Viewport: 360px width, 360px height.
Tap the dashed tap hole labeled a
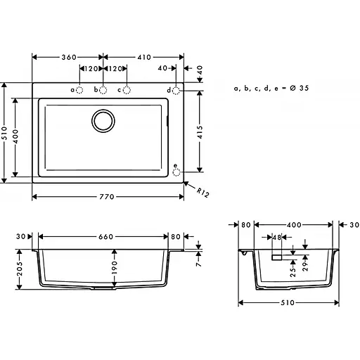tap(80, 90)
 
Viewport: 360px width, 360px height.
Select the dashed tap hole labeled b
tap(103, 90)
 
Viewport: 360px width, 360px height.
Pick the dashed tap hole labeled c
tap(127, 90)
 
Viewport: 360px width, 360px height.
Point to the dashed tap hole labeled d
tap(176, 90)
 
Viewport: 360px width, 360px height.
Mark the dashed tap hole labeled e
tap(176, 170)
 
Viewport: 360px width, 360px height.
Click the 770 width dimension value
tap(106, 196)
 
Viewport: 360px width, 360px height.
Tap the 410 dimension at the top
tap(143, 57)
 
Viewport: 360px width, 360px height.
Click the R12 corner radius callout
tap(203, 191)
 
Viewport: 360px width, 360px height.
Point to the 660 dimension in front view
tap(103, 237)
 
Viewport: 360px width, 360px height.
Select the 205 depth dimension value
tap(20, 268)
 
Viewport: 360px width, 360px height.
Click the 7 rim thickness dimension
tap(199, 266)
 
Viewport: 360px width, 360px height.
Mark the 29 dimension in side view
tap(304, 262)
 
